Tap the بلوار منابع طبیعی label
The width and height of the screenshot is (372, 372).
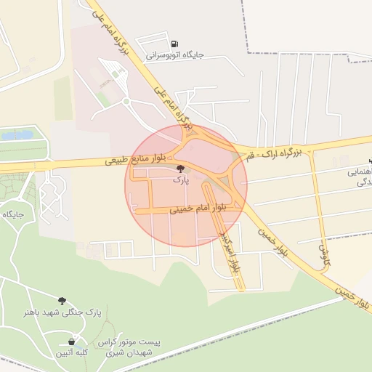(x=135, y=156)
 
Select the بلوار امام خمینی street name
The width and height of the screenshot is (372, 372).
(x=198, y=208)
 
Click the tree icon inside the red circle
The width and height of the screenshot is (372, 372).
(x=180, y=169)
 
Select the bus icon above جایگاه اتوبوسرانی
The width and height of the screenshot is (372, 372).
(x=174, y=43)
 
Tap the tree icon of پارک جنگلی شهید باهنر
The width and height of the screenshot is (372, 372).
(x=62, y=300)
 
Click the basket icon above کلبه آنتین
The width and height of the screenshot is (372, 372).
(x=72, y=341)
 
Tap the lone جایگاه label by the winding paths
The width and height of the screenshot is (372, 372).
(x=14, y=214)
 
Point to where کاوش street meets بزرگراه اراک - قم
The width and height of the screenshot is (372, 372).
(x=312, y=146)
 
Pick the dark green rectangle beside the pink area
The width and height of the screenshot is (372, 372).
(x=63, y=99)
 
